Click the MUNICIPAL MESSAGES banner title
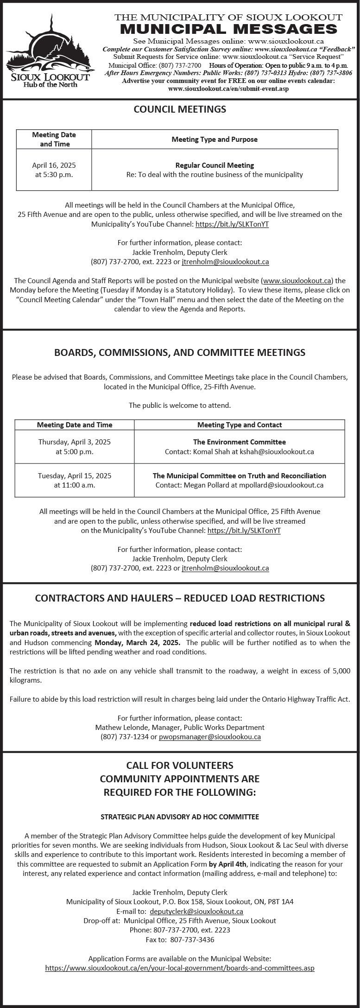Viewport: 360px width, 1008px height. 228,30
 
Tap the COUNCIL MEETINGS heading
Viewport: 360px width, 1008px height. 180,109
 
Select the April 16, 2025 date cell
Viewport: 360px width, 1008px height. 54,170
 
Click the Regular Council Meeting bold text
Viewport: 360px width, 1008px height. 215,165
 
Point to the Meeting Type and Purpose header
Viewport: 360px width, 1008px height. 215,139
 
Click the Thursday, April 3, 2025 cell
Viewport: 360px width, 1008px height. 75,447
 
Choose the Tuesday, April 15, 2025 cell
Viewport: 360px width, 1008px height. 75,480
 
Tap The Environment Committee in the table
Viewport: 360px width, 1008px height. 239,442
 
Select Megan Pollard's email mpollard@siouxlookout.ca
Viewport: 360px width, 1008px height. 281,485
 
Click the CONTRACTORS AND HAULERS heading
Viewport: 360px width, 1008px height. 180,598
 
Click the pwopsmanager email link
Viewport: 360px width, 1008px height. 210,736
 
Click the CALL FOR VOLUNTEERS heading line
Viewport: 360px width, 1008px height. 180,765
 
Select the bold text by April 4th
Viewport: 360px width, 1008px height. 228,864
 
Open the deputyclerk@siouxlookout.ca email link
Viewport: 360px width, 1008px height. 196,911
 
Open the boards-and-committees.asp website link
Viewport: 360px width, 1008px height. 180,968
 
